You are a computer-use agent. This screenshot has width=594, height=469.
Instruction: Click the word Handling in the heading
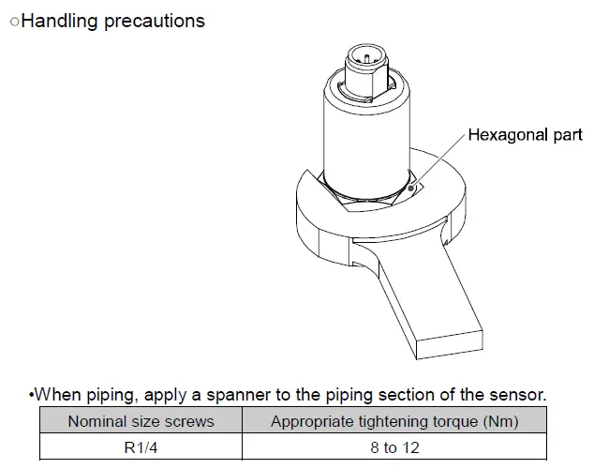pyautogui.click(x=57, y=21)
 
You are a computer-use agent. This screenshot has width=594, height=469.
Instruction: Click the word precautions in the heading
pyautogui.click(x=151, y=21)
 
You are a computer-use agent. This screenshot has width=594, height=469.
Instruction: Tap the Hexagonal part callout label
pyautogui.click(x=525, y=135)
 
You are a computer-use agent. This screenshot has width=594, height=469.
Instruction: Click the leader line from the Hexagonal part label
pyautogui.click(x=441, y=159)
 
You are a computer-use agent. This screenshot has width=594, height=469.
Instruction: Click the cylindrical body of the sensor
pyautogui.click(x=366, y=131)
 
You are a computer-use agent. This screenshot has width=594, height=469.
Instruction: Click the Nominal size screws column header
pyautogui.click(x=141, y=421)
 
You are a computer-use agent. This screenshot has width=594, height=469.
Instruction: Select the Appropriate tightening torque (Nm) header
pyautogui.click(x=394, y=421)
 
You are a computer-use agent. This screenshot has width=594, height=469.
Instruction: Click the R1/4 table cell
pyautogui.click(x=141, y=446)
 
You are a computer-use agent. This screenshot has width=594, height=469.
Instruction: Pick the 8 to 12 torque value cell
pyautogui.click(x=394, y=446)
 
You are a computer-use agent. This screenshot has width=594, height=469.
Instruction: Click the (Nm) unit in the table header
pyautogui.click(x=498, y=421)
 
